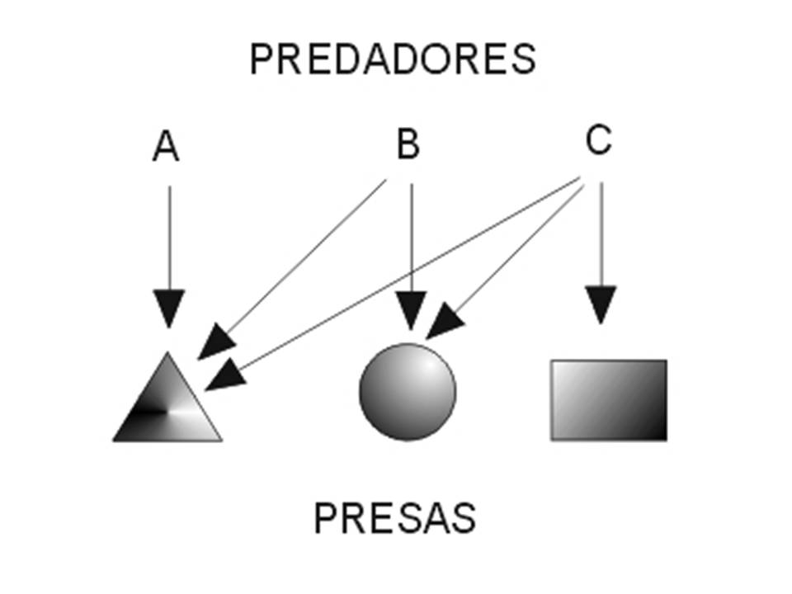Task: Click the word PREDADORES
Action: tap(393, 59)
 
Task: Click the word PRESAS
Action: tap(394, 518)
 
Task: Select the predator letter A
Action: tap(166, 148)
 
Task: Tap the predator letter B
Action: tap(408, 144)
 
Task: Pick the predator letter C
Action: tap(598, 141)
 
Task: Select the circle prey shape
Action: tap(408, 392)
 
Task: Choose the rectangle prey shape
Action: tap(609, 399)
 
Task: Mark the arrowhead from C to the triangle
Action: tap(224, 376)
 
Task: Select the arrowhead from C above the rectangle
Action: tap(601, 304)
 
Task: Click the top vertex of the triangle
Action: tap(168, 354)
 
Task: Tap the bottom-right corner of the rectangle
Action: tap(665, 438)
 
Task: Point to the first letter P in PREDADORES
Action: tap(261, 59)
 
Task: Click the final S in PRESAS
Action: tap(464, 518)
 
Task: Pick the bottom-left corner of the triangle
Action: tap(115, 440)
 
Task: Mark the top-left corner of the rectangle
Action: tap(553, 361)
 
